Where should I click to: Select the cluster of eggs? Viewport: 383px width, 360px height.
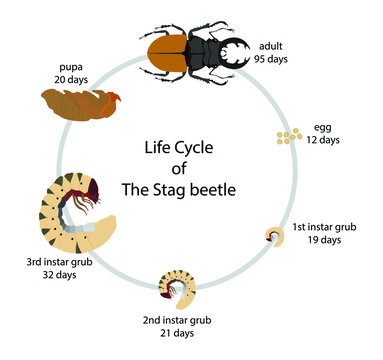[x=289, y=135]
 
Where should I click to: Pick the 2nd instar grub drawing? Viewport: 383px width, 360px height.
[x=178, y=283]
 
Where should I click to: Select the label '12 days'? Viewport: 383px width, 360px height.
[x=323, y=140]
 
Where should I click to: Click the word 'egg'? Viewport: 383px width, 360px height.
[x=318, y=126]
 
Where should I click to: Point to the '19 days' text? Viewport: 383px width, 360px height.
[x=325, y=240]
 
